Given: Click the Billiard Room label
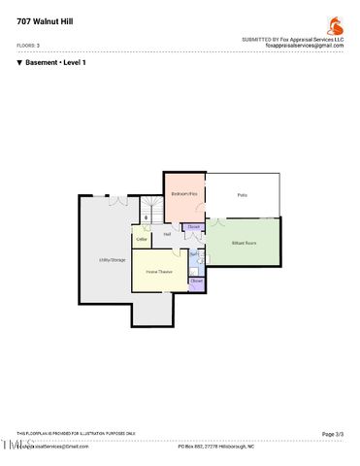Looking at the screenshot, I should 244,242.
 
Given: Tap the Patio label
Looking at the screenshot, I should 242,195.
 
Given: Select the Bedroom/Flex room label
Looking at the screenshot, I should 184,194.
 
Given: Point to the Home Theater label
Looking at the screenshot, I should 158,272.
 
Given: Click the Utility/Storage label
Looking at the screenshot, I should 112,259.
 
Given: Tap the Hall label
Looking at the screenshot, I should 167,234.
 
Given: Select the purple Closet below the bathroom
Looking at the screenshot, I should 196,281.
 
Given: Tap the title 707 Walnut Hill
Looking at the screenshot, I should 43,20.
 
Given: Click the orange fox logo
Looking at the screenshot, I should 335,24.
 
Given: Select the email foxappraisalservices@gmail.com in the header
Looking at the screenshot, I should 305,46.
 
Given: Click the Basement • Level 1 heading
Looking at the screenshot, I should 55,62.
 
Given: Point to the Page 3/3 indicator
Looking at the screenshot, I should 332,434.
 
